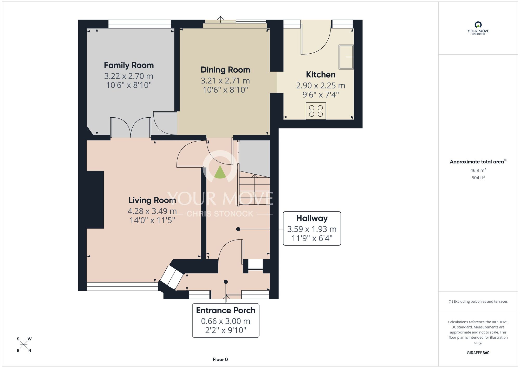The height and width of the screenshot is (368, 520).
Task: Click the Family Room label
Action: pyautogui.click(x=129, y=65)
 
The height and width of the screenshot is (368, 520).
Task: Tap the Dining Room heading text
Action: pyautogui.click(x=225, y=70)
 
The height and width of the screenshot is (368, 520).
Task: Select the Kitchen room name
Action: pyautogui.click(x=321, y=75)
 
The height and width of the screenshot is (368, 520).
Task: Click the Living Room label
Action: pyautogui.click(x=152, y=200)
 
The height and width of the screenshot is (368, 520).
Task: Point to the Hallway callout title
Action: pyautogui.click(x=312, y=218)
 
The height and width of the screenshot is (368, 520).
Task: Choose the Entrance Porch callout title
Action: pyautogui.click(x=226, y=310)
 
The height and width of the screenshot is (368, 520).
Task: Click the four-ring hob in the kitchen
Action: pyautogui.click(x=316, y=111)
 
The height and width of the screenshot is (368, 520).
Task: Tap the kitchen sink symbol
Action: pyautogui.click(x=346, y=57)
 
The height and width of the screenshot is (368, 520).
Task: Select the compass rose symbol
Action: pyautogui.click(x=24, y=345)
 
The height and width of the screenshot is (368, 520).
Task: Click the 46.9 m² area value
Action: pyautogui.click(x=478, y=170)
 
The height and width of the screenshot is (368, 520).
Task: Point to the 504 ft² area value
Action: pyautogui.click(x=478, y=178)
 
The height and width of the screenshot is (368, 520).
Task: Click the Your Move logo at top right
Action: pyautogui.click(x=478, y=28)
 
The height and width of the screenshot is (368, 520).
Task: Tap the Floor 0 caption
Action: pyautogui.click(x=220, y=359)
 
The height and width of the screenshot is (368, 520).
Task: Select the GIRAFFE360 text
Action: pyautogui.click(x=478, y=353)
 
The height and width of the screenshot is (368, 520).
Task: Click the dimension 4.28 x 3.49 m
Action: pyautogui.click(x=152, y=211)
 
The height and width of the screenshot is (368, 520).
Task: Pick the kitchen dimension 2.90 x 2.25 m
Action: pyautogui.click(x=321, y=85)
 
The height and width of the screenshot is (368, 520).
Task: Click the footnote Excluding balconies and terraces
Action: pyautogui.click(x=478, y=301)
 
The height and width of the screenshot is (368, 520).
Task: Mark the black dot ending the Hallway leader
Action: pyautogui.click(x=238, y=229)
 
